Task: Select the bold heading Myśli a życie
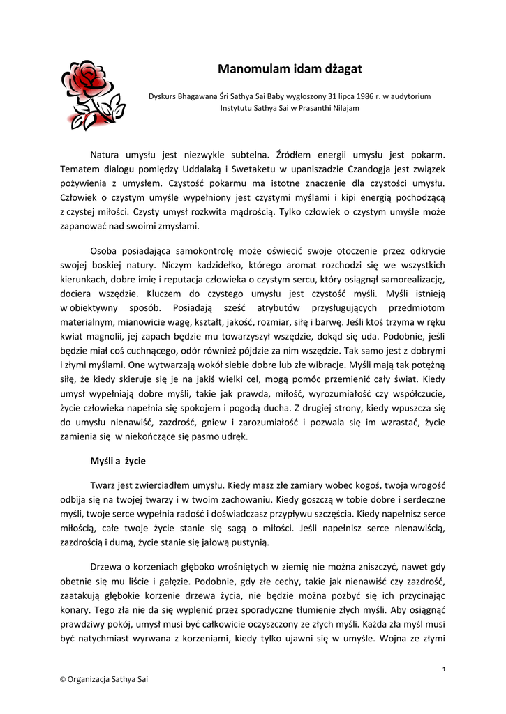tap(117, 462)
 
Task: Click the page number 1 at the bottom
tap(444, 669)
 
